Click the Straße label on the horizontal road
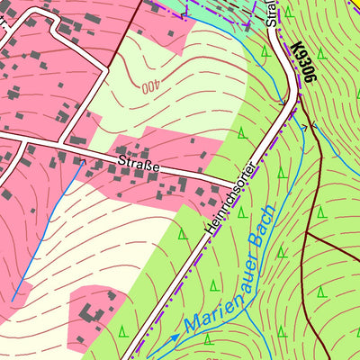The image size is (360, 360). pyautogui.click(x=139, y=165)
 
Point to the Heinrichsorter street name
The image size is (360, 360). pyautogui.click(x=231, y=199)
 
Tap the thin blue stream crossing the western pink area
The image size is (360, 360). pyautogui.click(x=49, y=225)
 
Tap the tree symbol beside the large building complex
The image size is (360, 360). pyautogui.click(x=122, y=329)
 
